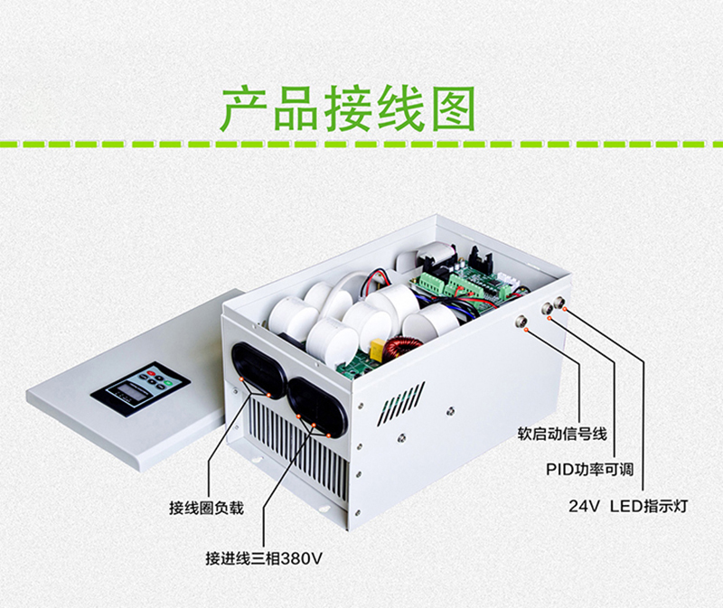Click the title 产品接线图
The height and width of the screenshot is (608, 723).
(349, 108)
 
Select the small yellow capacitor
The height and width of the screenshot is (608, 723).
(378, 344)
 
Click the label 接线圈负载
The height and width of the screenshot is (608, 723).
(206, 508)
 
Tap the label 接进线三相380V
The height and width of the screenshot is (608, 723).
(264, 558)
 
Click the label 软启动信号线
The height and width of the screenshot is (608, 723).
(562, 434)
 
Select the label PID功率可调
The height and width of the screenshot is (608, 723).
(590, 470)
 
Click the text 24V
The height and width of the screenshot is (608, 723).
(584, 506)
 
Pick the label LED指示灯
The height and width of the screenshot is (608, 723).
(649, 506)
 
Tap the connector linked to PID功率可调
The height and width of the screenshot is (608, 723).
(548, 308)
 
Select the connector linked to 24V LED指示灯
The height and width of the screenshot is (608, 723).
(560, 302)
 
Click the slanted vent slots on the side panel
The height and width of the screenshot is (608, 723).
(400, 402)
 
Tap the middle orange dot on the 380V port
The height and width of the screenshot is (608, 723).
(314, 424)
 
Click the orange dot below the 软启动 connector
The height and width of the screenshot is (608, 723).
(527, 330)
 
